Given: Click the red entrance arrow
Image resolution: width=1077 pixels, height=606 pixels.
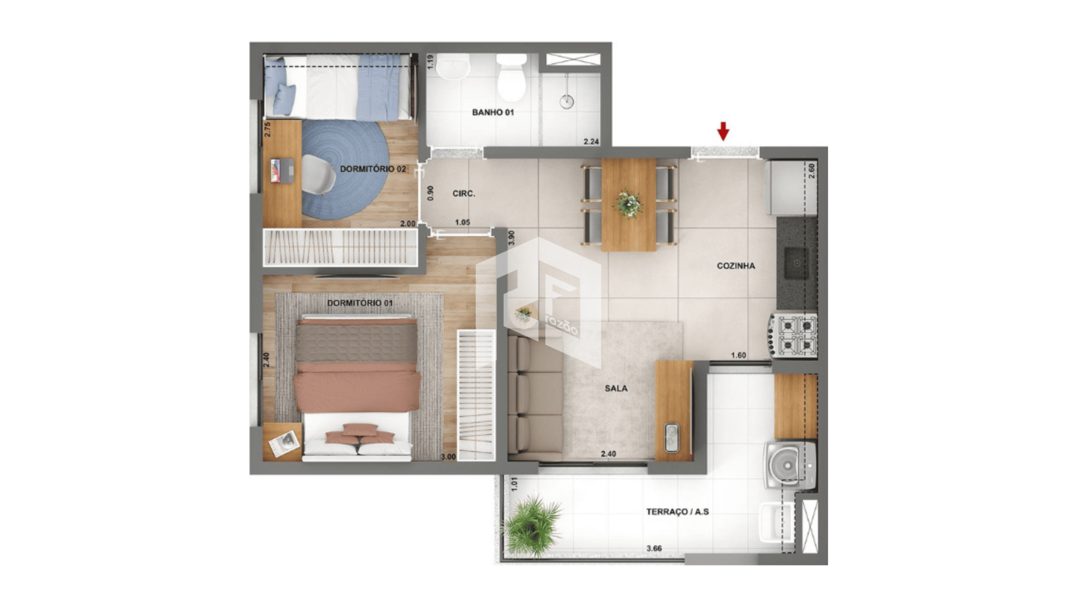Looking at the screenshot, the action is click(x=723, y=131).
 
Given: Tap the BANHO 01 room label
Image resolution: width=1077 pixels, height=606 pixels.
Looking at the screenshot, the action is click(x=493, y=112).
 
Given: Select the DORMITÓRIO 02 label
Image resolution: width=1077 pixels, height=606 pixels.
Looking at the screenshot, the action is click(x=373, y=169).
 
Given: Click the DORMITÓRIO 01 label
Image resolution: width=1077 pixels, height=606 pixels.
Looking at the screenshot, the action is click(x=360, y=303).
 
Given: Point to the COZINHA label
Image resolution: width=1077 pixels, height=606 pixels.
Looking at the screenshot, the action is click(x=736, y=266).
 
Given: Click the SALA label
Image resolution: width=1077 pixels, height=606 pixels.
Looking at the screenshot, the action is click(x=616, y=388).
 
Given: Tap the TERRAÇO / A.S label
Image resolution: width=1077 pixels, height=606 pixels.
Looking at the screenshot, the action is click(x=678, y=512).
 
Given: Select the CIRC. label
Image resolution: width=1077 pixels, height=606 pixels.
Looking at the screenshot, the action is click(x=464, y=194).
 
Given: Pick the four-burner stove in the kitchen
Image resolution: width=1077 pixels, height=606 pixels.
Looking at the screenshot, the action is click(x=794, y=335).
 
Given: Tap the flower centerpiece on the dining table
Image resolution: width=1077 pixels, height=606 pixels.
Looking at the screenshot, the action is click(x=629, y=203).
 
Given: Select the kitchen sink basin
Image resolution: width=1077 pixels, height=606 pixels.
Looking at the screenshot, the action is click(x=797, y=263).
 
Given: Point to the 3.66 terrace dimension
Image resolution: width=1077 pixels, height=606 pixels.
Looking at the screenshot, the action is click(x=654, y=548).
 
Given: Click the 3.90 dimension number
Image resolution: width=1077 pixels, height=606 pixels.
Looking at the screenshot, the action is click(x=511, y=238).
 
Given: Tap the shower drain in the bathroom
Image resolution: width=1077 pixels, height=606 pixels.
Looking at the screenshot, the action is click(x=567, y=102).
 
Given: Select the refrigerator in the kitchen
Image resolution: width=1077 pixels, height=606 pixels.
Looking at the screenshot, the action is click(x=791, y=188).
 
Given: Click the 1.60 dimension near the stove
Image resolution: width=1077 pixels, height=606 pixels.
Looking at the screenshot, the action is click(x=739, y=355).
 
